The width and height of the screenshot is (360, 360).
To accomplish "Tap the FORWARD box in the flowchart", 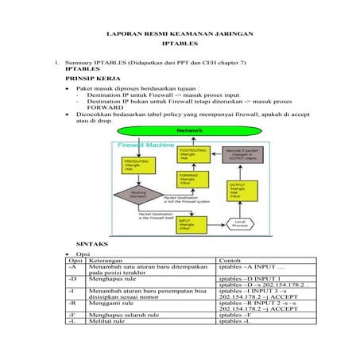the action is pos(192,180).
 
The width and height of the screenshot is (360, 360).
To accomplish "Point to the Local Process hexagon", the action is pos(240,223).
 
